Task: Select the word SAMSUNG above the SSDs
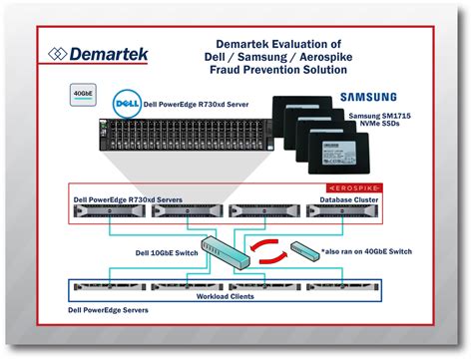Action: tap(366, 98)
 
